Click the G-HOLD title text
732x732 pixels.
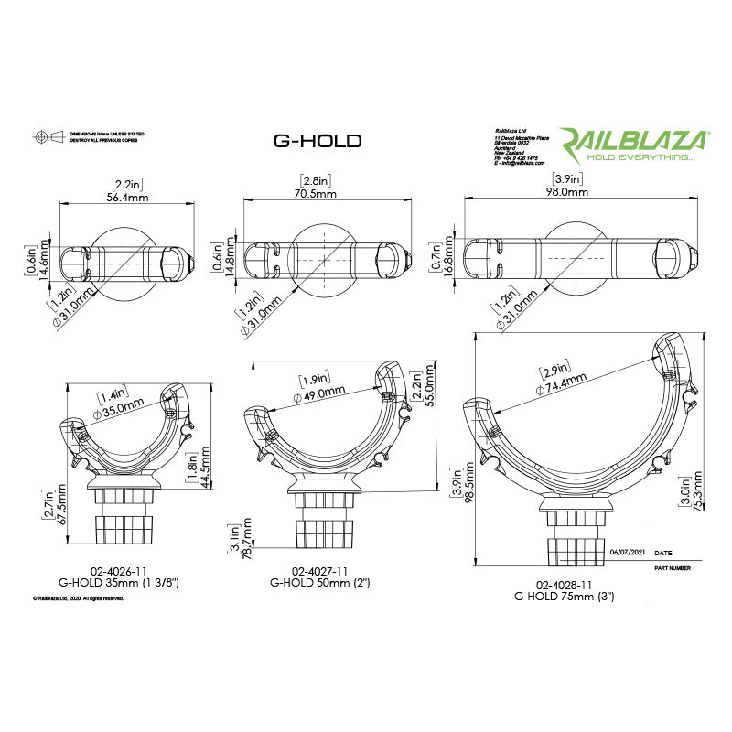318,141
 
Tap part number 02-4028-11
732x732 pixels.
564,584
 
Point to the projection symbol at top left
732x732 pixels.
40,136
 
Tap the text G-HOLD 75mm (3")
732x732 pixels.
564,596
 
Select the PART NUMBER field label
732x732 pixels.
674,567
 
